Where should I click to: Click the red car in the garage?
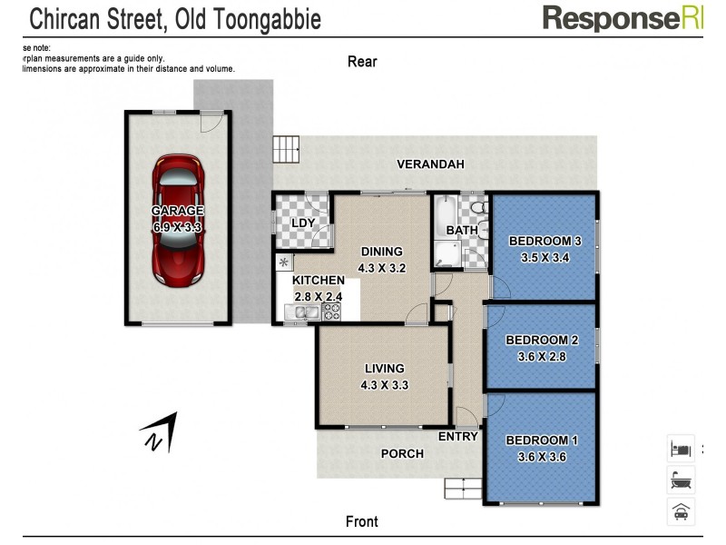pyautogui.click(x=178, y=218)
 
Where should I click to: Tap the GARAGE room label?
pyautogui.click(x=178, y=211)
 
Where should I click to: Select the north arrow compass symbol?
pyautogui.click(x=159, y=432)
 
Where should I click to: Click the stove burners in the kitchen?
pyautogui.click(x=331, y=312)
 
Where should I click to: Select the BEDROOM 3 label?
pyautogui.click(x=544, y=241)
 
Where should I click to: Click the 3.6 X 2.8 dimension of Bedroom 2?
pyautogui.click(x=542, y=355)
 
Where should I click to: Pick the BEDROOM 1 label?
pyautogui.click(x=542, y=441)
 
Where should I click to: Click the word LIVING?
pyautogui.click(x=385, y=369)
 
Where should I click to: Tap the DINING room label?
pyautogui.click(x=381, y=253)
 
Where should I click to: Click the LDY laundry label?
pyautogui.click(x=302, y=223)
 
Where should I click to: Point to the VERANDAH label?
pyautogui.click(x=430, y=164)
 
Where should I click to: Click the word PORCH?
pyautogui.click(x=402, y=453)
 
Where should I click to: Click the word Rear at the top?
pyautogui.click(x=362, y=62)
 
